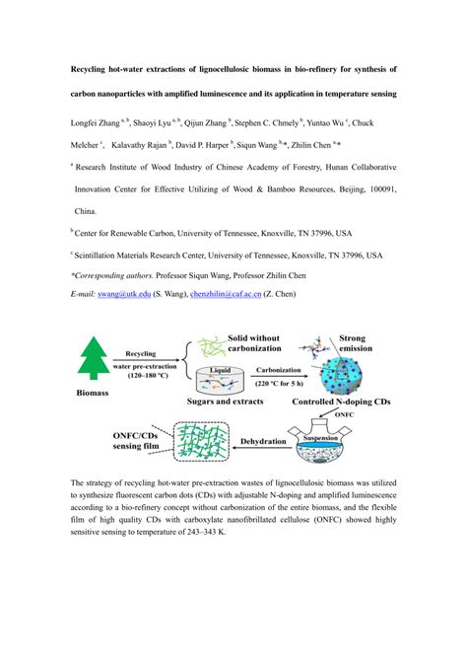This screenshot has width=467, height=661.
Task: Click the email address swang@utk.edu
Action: pyautogui.click(x=124, y=294)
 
